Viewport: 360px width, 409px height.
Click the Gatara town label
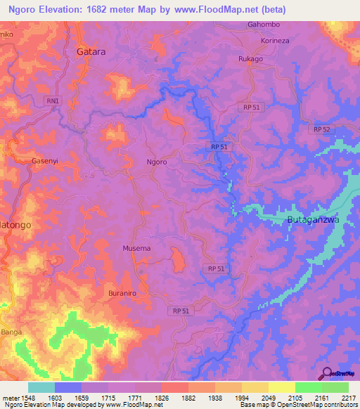click(x=91, y=51)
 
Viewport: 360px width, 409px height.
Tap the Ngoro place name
click(x=156, y=162)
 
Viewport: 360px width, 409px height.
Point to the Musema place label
click(x=136, y=248)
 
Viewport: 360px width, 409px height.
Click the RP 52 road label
click(x=322, y=129)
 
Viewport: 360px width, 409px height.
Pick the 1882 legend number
click(x=188, y=397)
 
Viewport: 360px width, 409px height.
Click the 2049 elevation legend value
click(x=268, y=397)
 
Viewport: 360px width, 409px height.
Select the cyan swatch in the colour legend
click(x=41, y=387)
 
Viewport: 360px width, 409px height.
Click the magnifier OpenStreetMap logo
click(x=326, y=372)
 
